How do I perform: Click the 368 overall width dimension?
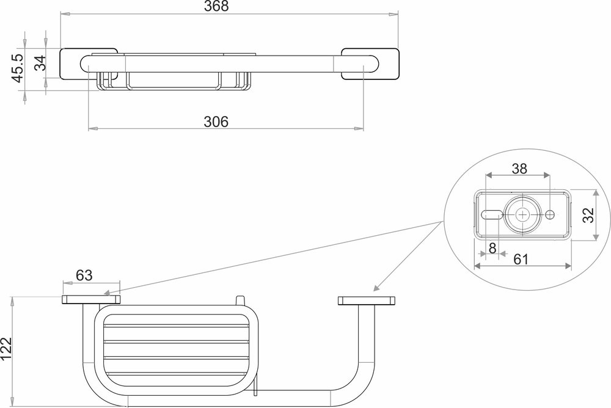(x=229, y=7)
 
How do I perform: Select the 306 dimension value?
(x=216, y=121)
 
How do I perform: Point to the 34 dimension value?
(x=40, y=62)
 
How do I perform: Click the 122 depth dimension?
(x=7, y=352)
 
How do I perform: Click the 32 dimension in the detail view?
(x=588, y=215)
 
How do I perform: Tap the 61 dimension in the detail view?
(x=521, y=260)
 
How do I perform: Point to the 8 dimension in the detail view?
(x=492, y=248)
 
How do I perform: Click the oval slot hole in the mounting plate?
(x=491, y=215)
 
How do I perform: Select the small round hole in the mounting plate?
(x=551, y=215)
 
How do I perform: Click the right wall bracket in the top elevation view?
(x=370, y=64)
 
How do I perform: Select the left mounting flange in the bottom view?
(x=92, y=299)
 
